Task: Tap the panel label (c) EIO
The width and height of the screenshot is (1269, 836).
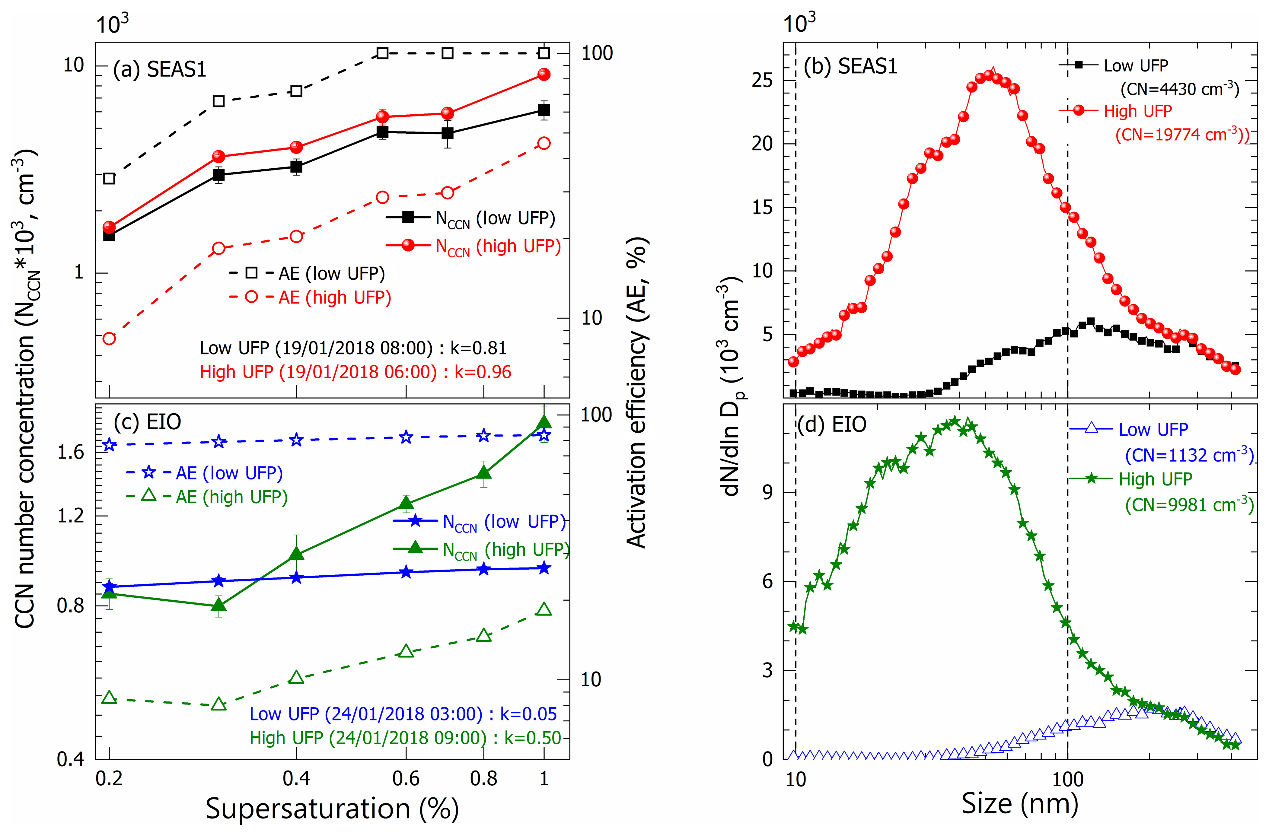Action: [x=148, y=422]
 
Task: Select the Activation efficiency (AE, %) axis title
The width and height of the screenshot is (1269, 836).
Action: [x=637, y=393]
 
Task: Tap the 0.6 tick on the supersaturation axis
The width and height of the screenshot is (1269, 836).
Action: [x=406, y=779]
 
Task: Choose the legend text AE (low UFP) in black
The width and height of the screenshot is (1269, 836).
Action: [x=332, y=274]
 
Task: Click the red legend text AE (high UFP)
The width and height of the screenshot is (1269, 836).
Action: [x=335, y=297]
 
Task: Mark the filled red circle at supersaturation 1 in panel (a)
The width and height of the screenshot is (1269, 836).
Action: [x=544, y=75]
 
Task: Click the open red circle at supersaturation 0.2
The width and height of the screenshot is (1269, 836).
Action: [x=109, y=339]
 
